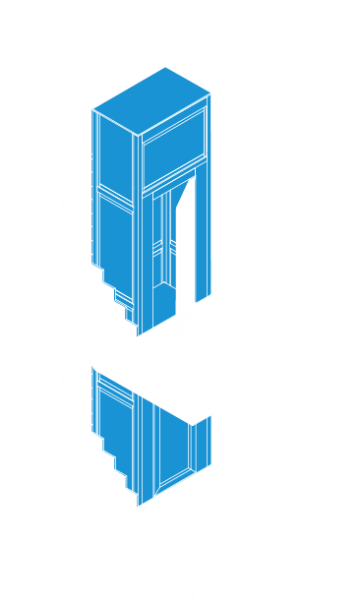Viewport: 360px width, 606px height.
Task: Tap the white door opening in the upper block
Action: click(x=186, y=246)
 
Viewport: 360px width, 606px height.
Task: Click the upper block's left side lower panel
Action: click(x=116, y=241)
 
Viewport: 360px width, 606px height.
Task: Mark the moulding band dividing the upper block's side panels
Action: click(x=115, y=194)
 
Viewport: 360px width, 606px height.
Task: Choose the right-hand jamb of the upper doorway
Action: click(x=203, y=236)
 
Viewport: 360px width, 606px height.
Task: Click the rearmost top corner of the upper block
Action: click(x=166, y=67)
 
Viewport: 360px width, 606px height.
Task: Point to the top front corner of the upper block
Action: click(x=138, y=135)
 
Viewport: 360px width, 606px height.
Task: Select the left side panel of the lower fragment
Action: click(x=116, y=423)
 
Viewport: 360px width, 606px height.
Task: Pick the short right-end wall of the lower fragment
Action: click(x=202, y=443)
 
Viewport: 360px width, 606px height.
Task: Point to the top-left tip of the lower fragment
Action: click(x=92, y=368)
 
